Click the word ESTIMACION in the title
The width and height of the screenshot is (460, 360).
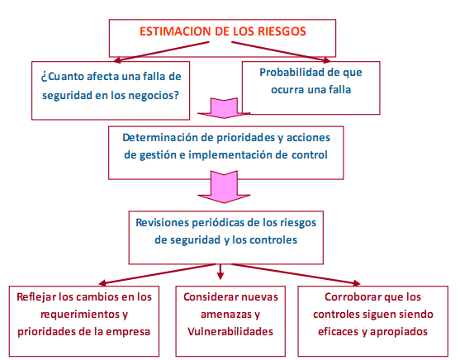click(x=175, y=31)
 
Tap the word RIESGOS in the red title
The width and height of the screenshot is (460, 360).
click(x=282, y=31)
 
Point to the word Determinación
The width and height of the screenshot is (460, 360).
click(x=160, y=138)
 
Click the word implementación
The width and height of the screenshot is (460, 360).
click(x=230, y=154)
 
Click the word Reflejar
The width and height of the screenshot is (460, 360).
click(x=36, y=297)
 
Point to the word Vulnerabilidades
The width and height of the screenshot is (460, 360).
click(x=230, y=332)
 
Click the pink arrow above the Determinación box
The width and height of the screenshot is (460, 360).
click(x=224, y=108)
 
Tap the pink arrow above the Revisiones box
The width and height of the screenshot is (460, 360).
click(x=224, y=187)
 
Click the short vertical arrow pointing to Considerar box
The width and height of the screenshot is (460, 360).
click(x=221, y=272)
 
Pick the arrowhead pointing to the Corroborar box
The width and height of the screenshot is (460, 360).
click(x=357, y=283)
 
